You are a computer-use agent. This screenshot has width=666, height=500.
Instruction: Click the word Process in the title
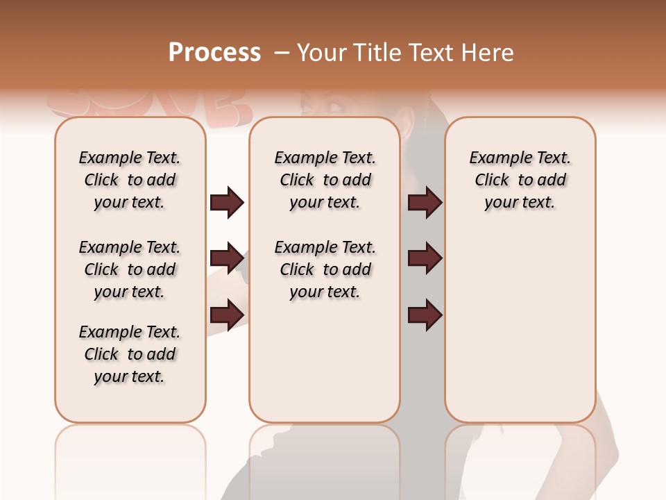pyautogui.click(x=214, y=53)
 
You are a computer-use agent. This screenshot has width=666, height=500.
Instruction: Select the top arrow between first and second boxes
pyautogui.click(x=227, y=202)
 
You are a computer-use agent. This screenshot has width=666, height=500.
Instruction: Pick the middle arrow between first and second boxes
pyautogui.click(x=227, y=259)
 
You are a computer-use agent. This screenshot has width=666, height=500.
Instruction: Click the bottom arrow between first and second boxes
pyautogui.click(x=227, y=315)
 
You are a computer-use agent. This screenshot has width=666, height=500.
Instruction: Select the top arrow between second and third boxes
pyautogui.click(x=425, y=202)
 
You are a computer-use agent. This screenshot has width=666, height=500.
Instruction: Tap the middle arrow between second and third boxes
pyautogui.click(x=425, y=259)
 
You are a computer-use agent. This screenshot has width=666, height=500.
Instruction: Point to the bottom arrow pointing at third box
pyautogui.click(x=425, y=315)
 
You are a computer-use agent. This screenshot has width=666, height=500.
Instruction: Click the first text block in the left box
pyautogui.click(x=130, y=180)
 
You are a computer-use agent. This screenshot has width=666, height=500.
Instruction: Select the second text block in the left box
pyautogui.click(x=130, y=269)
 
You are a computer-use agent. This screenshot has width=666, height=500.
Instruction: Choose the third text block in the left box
pyautogui.click(x=130, y=354)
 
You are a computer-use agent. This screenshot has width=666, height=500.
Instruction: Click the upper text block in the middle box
pyautogui.click(x=325, y=180)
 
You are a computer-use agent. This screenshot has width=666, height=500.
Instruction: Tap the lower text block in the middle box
pyautogui.click(x=325, y=269)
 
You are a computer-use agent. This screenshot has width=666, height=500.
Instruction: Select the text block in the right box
pyautogui.click(x=520, y=180)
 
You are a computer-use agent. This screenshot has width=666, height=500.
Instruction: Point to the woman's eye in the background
pyautogui.click(x=334, y=106)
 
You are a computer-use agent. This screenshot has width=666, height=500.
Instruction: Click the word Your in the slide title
pyautogui.click(x=321, y=53)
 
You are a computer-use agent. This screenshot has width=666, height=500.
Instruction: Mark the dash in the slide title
pyautogui.click(x=282, y=53)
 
